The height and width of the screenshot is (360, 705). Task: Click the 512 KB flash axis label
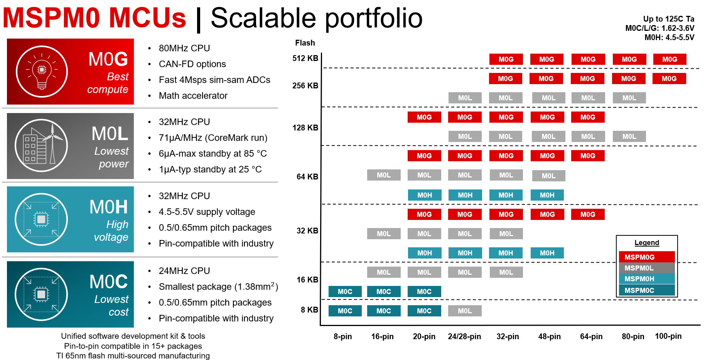tap(305, 58)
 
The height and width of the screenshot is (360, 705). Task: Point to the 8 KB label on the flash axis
tap(309, 310)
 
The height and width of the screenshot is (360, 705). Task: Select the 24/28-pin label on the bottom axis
tap(464, 336)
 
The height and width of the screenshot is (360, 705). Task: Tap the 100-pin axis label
tap(668, 336)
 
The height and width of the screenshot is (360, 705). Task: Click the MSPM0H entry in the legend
tap(647, 279)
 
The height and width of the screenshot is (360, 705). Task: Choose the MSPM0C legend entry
tap(647, 290)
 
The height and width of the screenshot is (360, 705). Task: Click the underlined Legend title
tap(647, 243)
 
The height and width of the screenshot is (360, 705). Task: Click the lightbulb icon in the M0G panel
tap(42, 71)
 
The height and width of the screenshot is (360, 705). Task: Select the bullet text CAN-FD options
tap(192, 64)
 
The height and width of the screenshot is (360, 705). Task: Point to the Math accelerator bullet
tap(193, 96)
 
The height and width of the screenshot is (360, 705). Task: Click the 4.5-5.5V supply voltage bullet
tap(207, 212)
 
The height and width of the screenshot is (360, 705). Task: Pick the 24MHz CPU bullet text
tap(184, 271)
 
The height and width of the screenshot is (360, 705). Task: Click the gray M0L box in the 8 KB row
tap(465, 311)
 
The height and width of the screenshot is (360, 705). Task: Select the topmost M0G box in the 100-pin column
tap(670, 59)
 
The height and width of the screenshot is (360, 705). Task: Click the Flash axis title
tap(305, 43)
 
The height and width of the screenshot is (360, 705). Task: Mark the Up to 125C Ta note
tap(668, 19)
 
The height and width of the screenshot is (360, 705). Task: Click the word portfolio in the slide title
tap(373, 18)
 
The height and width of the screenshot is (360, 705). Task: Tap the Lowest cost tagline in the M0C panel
tap(111, 305)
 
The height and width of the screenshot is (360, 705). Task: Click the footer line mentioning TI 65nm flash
tap(133, 355)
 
